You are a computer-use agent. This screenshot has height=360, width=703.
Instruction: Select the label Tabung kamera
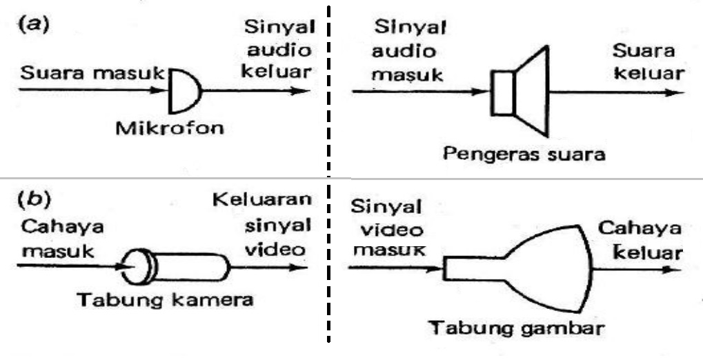point(165,301)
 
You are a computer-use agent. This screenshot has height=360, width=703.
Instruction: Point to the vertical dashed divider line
point(327,179)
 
